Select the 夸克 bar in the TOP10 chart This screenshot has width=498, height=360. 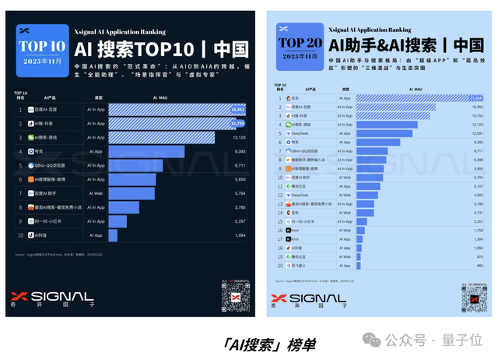click(146, 151)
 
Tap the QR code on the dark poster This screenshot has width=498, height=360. click(236, 297)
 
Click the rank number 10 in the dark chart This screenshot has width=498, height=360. click(20, 235)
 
